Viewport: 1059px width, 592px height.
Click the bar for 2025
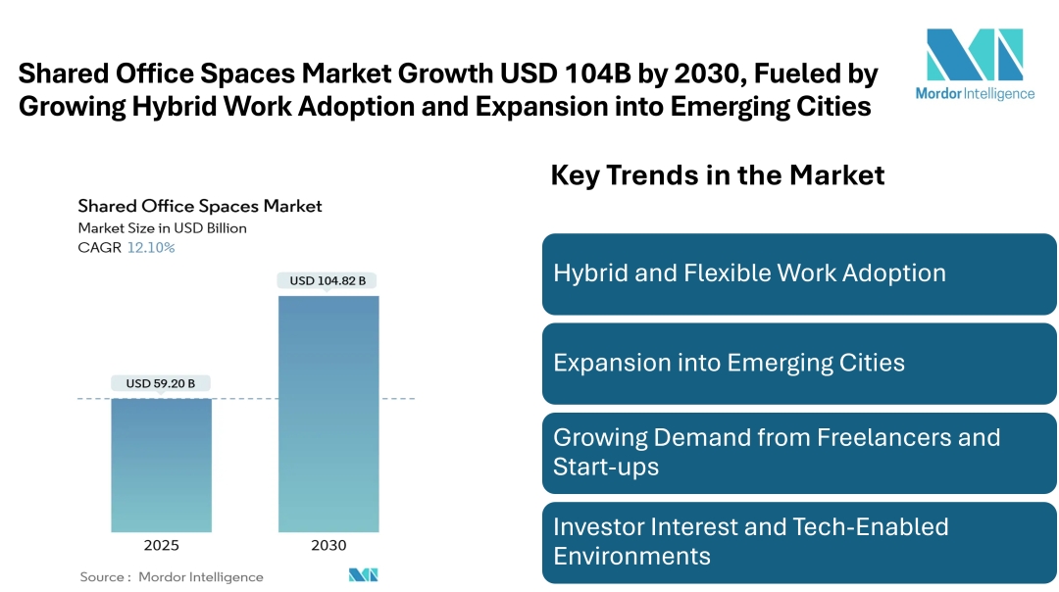161,466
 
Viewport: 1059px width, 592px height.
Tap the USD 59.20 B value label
161,383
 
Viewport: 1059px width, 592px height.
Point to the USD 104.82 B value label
328,280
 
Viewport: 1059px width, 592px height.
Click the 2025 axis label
161,546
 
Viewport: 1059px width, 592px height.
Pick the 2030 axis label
328,546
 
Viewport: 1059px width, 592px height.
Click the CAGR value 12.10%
151,248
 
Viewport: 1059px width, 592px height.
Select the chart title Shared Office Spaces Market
200,206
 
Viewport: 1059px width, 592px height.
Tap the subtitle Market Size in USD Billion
162,228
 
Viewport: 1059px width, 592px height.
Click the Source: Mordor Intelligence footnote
172,576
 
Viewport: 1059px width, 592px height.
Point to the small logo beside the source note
363,575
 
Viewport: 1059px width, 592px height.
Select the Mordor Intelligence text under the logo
975,94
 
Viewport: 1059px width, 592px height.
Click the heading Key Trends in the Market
717,175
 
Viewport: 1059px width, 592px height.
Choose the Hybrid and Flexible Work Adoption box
799,273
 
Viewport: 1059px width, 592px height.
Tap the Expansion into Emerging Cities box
799,364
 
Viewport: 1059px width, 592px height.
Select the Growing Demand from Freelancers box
799,452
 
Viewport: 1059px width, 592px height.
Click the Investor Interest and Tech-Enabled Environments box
799,541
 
